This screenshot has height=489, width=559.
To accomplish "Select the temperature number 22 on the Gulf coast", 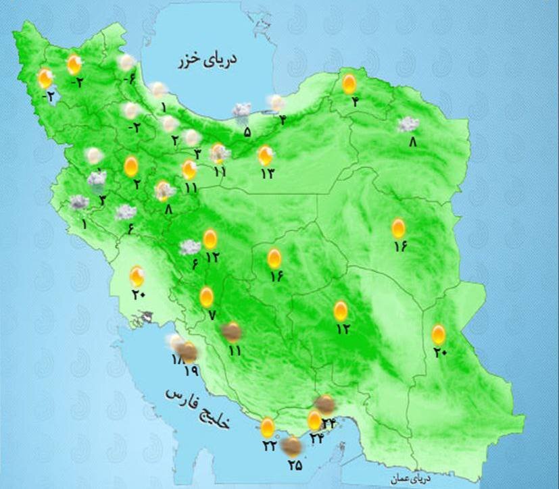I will pyautogui.click(x=269, y=446).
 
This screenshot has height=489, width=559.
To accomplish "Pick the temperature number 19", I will pyautogui.click(x=190, y=371).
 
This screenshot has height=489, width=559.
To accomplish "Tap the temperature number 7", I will pyautogui.click(x=211, y=315).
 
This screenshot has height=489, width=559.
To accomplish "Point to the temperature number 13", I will pyautogui.click(x=266, y=174).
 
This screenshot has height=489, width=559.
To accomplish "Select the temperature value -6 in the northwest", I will pyautogui.click(x=129, y=82).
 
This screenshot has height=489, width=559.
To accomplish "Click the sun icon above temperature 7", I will pyautogui.click(x=207, y=297).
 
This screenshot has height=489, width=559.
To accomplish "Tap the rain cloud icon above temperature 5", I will pyautogui.click(x=241, y=111).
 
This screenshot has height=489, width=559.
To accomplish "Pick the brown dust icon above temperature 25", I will pyautogui.click(x=292, y=445).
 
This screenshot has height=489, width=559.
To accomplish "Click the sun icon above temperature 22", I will pyautogui.click(x=268, y=427).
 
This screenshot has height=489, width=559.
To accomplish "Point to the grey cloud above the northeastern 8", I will pyautogui.click(x=408, y=124).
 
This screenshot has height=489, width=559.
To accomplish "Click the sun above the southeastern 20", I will pyautogui.click(x=439, y=334).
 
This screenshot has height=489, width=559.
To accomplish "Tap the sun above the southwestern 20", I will pyautogui.click(x=137, y=275).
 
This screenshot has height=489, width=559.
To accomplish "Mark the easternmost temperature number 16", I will pyautogui.click(x=399, y=247).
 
